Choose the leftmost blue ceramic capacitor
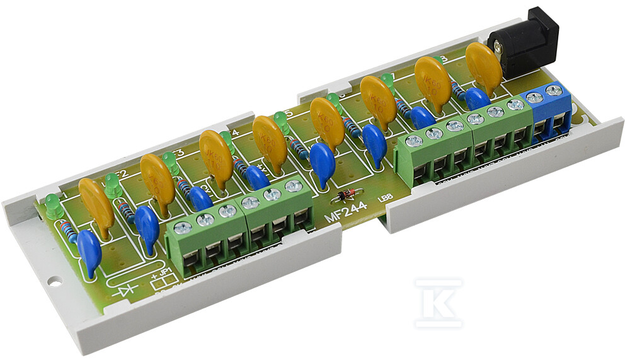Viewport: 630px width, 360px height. point(89,253)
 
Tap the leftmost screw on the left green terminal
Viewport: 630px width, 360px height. point(183,229)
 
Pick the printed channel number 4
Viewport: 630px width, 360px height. point(236,133)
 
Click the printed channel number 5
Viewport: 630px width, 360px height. point(288,114)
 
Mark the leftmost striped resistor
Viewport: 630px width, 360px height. point(71,235)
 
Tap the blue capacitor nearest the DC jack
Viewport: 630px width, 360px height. point(477,98)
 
